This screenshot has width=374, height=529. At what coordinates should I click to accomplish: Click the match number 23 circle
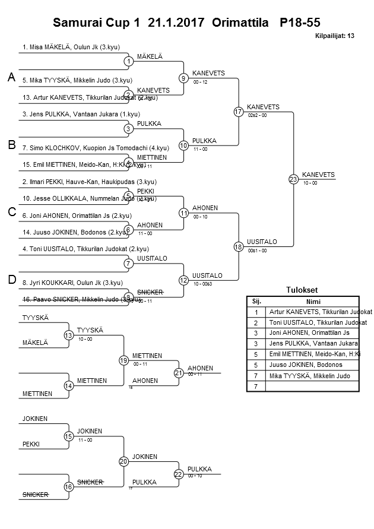[x=293, y=179]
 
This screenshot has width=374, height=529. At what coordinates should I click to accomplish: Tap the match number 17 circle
[x=239, y=112]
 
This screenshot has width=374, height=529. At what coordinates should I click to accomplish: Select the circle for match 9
[x=184, y=78]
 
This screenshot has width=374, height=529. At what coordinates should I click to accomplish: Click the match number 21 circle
[x=178, y=373]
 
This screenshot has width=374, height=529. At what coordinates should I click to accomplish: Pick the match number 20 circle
[x=123, y=461]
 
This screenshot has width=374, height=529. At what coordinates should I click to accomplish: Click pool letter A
[x=11, y=77]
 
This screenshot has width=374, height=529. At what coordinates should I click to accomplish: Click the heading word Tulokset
[x=302, y=290]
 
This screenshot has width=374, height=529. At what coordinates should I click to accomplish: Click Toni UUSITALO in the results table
[x=318, y=322]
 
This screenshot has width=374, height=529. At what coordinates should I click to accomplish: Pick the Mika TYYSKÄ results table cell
[x=309, y=375]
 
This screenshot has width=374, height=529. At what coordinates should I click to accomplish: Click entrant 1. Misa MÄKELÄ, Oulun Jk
[x=69, y=46]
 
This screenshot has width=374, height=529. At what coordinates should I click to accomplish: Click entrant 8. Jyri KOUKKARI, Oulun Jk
[x=72, y=283]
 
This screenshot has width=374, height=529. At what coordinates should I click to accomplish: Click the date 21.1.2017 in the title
[x=175, y=23]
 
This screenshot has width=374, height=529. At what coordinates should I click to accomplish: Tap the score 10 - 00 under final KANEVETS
[x=310, y=183]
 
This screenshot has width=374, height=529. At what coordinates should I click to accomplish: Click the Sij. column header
[x=256, y=301]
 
